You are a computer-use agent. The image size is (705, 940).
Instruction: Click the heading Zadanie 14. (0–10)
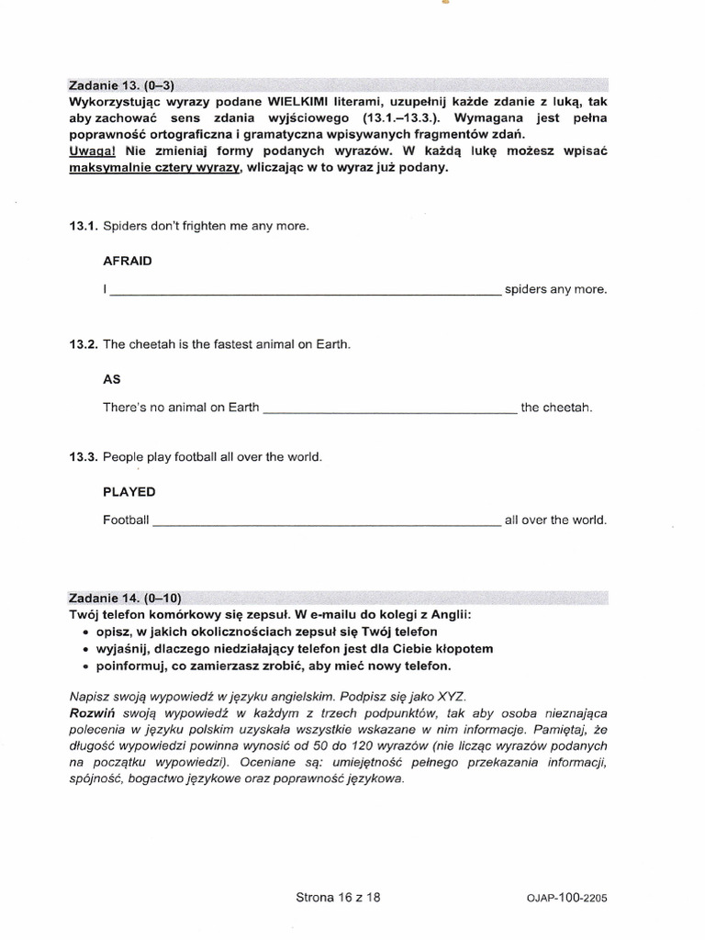coord(118,599)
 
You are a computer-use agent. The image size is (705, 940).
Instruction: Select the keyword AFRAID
coord(128,261)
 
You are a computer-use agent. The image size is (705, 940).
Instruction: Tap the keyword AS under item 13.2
coord(112,379)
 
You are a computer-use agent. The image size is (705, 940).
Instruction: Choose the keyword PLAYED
coord(129,492)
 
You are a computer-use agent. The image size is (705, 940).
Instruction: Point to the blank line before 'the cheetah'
coord(390,410)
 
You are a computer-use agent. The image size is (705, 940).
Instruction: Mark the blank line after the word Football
coord(325,523)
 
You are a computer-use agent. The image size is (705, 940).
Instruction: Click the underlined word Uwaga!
coord(90,150)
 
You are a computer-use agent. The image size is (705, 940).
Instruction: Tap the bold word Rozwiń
coord(90,713)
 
